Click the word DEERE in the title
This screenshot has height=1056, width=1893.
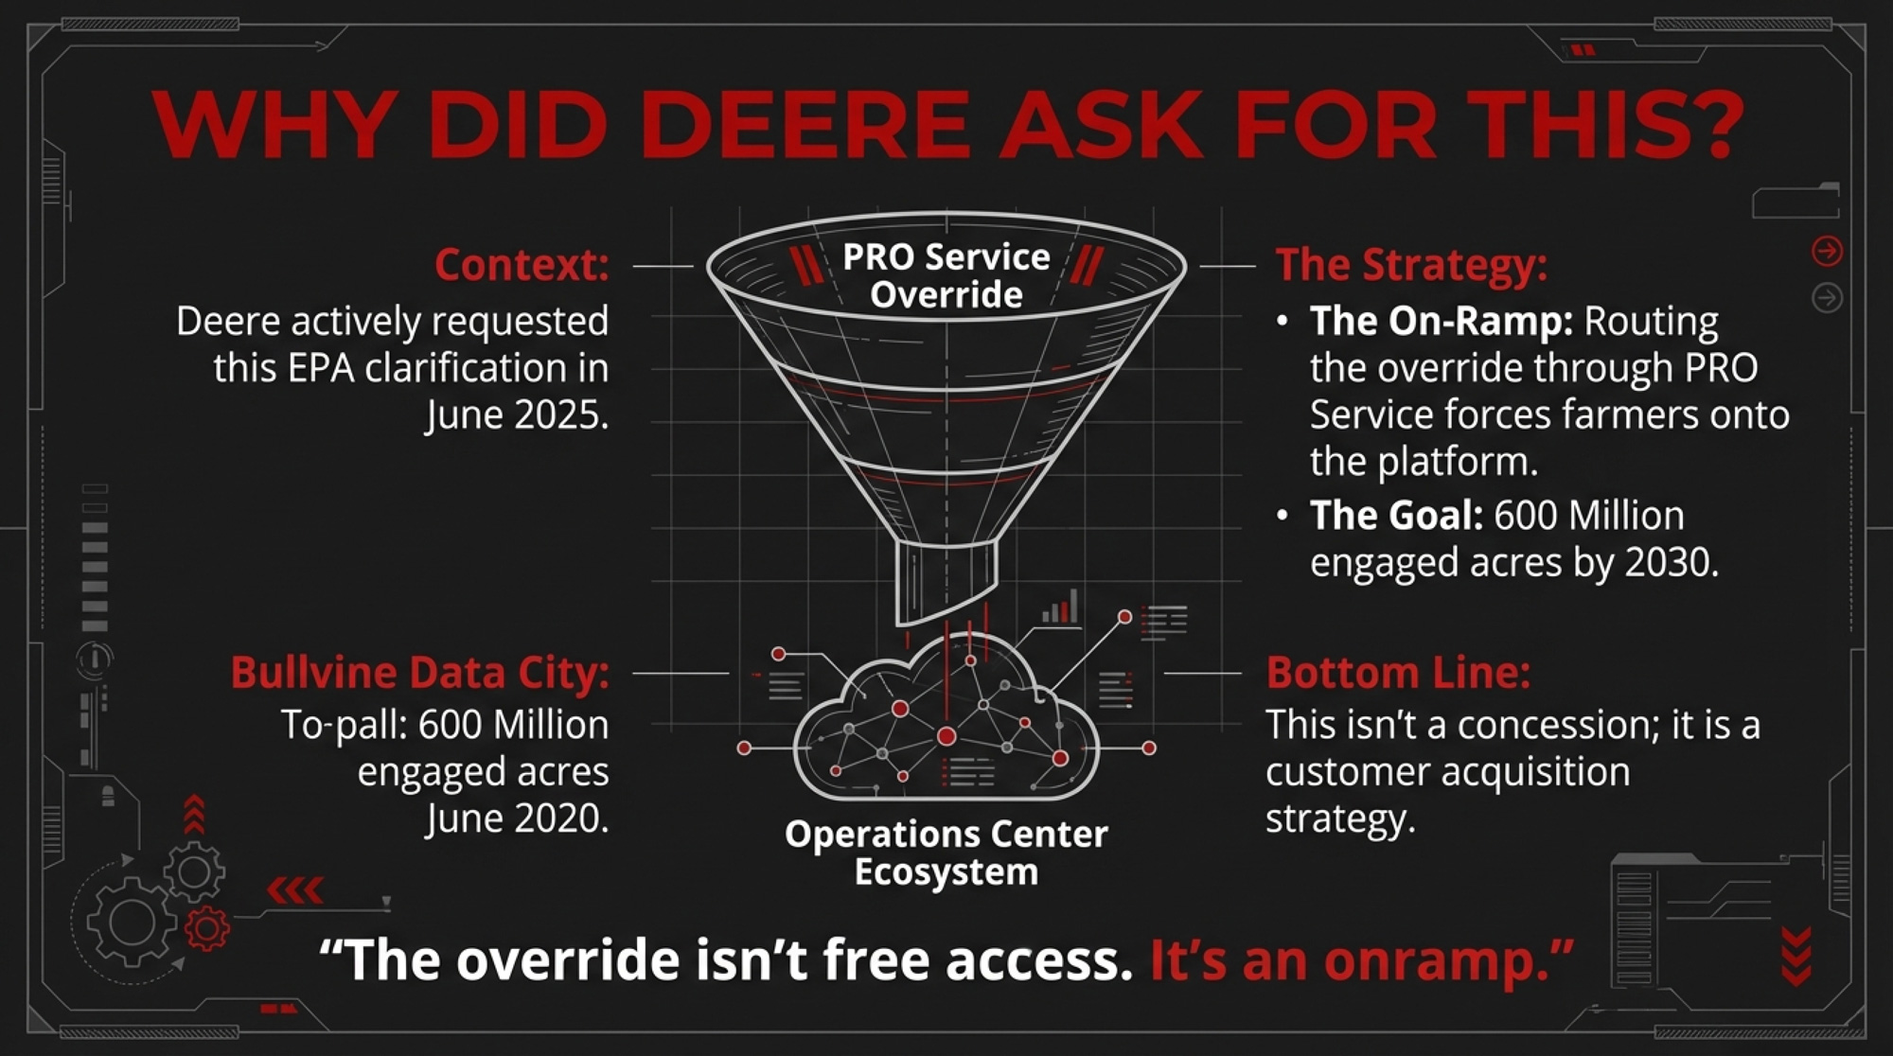pyautogui.click(x=805, y=125)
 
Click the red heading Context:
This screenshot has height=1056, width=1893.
pyautogui.click(x=522, y=265)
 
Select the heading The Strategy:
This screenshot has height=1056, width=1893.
pyautogui.click(x=1411, y=265)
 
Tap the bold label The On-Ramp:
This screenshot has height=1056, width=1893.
pyautogui.click(x=1442, y=322)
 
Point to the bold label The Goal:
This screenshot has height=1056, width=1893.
pyautogui.click(x=1397, y=516)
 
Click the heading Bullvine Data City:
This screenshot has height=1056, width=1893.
pyautogui.click(x=420, y=673)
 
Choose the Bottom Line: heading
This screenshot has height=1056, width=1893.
pyautogui.click(x=1398, y=673)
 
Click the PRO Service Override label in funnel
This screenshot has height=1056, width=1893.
pyautogui.click(x=946, y=275)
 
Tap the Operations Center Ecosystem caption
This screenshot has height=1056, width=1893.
pyautogui.click(x=946, y=853)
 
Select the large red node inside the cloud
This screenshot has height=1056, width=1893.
pyautogui.click(x=946, y=736)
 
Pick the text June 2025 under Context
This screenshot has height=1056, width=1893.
pyautogui.click(x=517, y=415)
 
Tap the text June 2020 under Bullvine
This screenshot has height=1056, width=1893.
pyautogui.click(x=517, y=818)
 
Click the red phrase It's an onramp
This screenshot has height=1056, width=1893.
pyautogui.click(x=1362, y=960)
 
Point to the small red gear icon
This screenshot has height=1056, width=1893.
pyautogui.click(x=207, y=928)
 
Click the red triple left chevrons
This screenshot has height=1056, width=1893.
pyautogui.click(x=295, y=890)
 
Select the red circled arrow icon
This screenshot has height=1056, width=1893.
pyautogui.click(x=1827, y=251)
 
